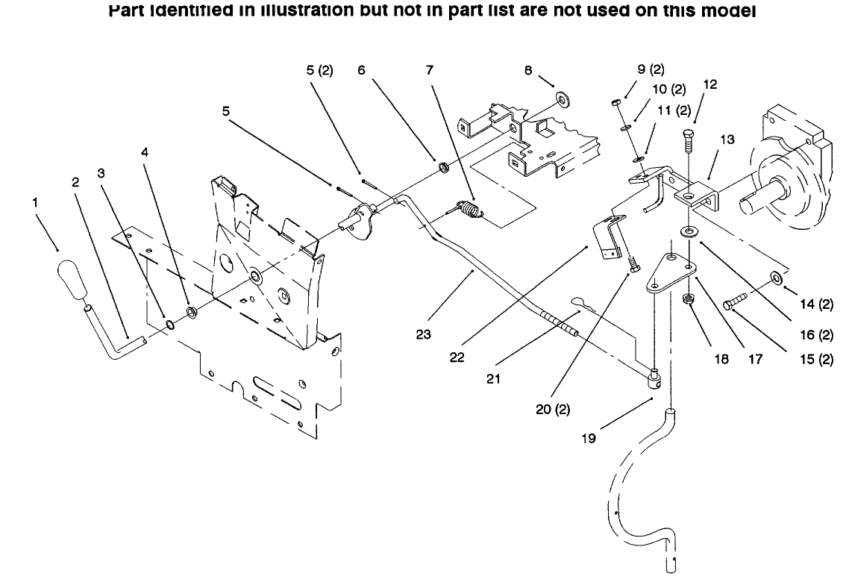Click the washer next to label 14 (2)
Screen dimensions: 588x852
click(x=776, y=278)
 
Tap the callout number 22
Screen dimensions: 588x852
click(x=457, y=357)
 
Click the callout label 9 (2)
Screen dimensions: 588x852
click(x=650, y=70)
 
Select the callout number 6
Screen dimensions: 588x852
click(x=361, y=70)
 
